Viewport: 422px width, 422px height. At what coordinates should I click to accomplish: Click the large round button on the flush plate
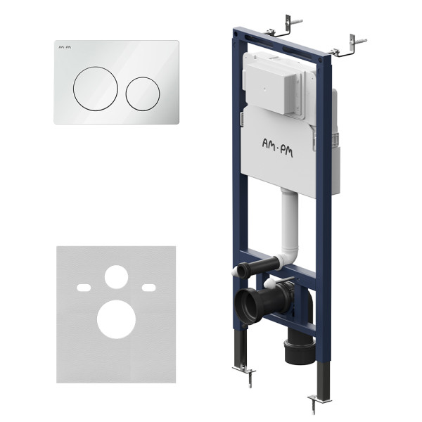tap(95, 89)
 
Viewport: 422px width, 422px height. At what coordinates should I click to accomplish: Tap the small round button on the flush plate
tap(143, 94)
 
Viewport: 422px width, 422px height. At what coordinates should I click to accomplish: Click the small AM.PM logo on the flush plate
tap(65, 47)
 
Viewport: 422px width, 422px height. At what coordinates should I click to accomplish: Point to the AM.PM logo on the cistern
tap(278, 147)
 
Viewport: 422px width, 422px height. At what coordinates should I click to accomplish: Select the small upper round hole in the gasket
tap(116, 277)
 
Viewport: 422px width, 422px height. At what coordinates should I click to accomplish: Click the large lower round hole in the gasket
tap(116, 319)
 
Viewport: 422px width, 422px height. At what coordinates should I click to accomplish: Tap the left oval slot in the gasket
tap(84, 288)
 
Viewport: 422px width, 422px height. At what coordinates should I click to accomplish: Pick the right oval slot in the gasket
tap(149, 288)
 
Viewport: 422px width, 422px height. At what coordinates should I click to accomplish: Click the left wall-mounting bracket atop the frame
tap(284, 27)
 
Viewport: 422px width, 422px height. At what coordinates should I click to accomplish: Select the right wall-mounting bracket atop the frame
tap(349, 47)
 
